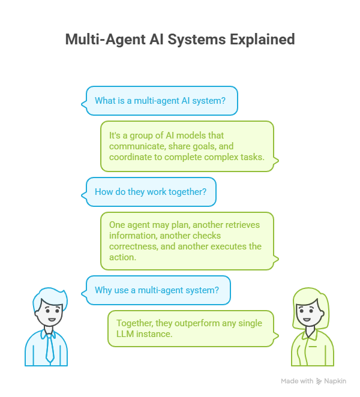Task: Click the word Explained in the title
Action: pos(262,40)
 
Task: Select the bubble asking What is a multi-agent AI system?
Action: pos(161,101)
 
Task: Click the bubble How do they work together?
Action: pos(150,192)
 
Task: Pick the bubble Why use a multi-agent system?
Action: pos(157,290)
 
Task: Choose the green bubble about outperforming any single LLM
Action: pos(191,329)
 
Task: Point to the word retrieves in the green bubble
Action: pos(240,225)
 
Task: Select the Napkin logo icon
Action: pos(319,381)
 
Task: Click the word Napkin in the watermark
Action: pos(335,381)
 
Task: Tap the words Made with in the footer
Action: pos(297,381)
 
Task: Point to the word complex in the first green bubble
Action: pos(215,157)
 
